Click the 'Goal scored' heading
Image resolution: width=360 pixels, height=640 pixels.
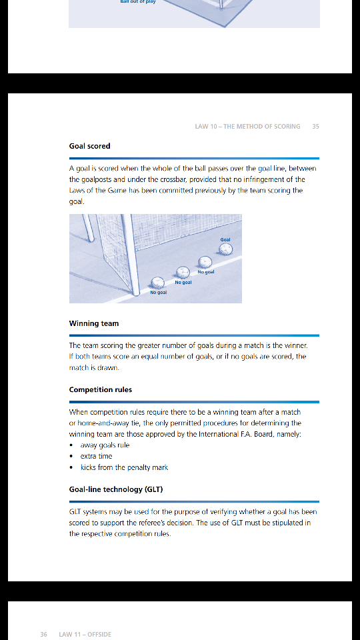click(x=89, y=146)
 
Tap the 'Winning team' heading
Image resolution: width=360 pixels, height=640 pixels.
click(x=94, y=323)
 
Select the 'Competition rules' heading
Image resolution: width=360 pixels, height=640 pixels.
click(x=101, y=389)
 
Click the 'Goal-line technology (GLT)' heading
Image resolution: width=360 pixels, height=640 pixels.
click(x=116, y=489)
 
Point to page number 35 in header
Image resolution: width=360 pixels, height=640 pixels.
click(x=315, y=127)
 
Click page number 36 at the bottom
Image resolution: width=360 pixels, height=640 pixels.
click(x=44, y=634)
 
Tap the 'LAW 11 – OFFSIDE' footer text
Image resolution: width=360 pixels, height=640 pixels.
click(x=85, y=634)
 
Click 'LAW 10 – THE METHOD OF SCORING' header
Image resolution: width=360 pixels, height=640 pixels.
click(x=247, y=127)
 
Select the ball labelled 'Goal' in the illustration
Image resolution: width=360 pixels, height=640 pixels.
click(x=226, y=249)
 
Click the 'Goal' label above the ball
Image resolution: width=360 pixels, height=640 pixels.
click(x=225, y=239)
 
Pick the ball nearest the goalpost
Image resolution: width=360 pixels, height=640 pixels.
click(x=157, y=283)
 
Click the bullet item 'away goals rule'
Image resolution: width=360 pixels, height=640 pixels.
click(x=105, y=445)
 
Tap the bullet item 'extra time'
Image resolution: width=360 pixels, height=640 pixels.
click(x=96, y=456)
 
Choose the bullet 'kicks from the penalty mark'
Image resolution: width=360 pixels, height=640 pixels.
click(x=124, y=467)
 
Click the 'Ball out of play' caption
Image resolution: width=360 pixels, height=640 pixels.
click(x=138, y=1)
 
